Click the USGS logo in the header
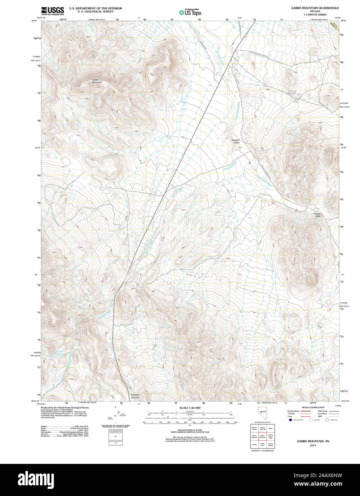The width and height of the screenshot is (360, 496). coord(52,10)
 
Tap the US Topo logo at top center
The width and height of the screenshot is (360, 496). coord(191,12)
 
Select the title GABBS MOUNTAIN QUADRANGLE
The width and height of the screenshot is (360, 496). coord(315,8)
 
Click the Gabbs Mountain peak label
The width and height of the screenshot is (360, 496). coord(97,81)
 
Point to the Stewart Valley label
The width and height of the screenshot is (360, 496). coord(236,141)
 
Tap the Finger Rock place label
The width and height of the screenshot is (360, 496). coord(317,215)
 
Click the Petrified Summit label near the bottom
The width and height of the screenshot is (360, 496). coord(135,396)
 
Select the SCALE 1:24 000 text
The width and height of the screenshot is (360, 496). coord(190,408)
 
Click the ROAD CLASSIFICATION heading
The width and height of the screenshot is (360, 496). coord(313,408)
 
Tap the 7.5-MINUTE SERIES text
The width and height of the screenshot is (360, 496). coord(315,15)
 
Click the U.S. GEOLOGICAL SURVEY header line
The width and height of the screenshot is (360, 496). coord(95,11)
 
